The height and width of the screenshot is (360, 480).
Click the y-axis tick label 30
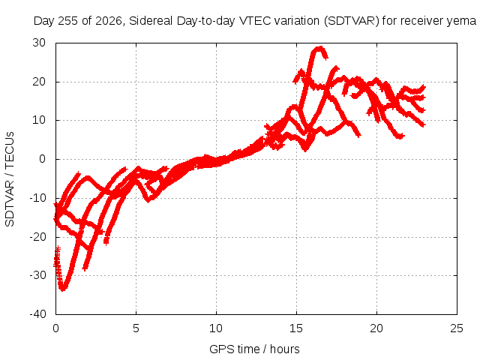(x=39, y=43)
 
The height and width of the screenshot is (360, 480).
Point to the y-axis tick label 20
(x=39, y=82)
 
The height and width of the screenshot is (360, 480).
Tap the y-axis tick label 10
(x=39, y=120)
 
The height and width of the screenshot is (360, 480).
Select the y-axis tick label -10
(x=38, y=198)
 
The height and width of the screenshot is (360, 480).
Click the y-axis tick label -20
(x=38, y=237)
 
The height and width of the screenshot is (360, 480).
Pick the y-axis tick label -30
(x=38, y=275)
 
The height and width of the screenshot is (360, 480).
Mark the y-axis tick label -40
(x=38, y=314)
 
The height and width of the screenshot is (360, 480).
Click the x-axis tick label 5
(x=136, y=328)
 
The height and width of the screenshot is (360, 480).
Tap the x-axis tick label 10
(x=216, y=328)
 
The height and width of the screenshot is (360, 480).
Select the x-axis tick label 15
(x=296, y=328)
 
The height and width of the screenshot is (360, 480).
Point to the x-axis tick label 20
(x=376, y=328)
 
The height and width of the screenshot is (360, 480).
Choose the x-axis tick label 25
(x=457, y=328)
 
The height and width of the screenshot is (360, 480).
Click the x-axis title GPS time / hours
(x=254, y=349)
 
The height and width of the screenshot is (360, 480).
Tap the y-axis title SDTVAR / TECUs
(x=10, y=179)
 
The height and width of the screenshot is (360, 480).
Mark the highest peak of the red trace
(x=320, y=47)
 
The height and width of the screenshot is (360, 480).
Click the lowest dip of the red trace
(x=63, y=289)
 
